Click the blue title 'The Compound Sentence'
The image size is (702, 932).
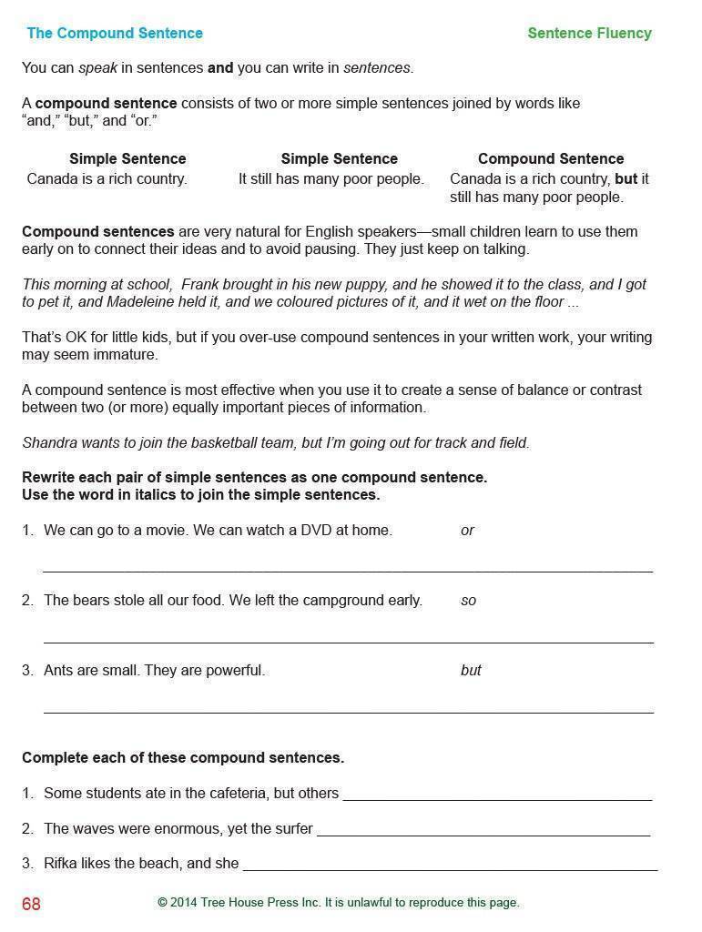pyautogui.click(x=115, y=34)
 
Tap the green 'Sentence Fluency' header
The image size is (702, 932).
pyautogui.click(x=589, y=34)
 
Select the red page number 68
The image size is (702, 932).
pyautogui.click(x=32, y=904)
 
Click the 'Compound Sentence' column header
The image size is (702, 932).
pyautogui.click(x=550, y=158)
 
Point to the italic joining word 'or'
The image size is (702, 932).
pyautogui.click(x=467, y=531)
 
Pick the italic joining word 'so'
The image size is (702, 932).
pyautogui.click(x=468, y=601)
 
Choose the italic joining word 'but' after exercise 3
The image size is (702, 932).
pyautogui.click(x=471, y=671)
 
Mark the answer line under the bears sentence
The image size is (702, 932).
pyautogui.click(x=348, y=641)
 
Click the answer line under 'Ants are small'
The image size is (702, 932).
pyautogui.click(x=348, y=711)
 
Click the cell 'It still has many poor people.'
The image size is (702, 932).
pyautogui.click(x=331, y=179)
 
